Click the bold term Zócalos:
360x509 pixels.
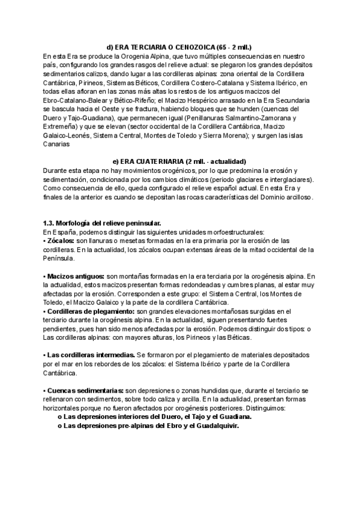pos(61,241)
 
